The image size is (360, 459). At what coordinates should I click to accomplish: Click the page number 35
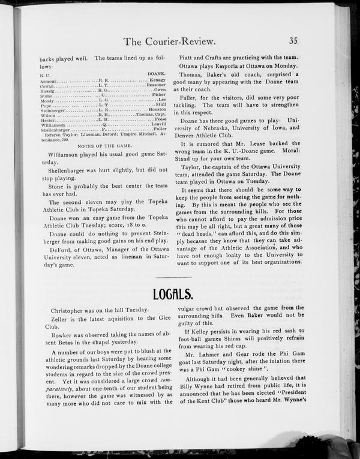coord(293,41)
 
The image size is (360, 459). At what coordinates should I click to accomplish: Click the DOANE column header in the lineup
coord(156,74)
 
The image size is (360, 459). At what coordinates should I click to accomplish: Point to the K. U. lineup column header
coord(44,74)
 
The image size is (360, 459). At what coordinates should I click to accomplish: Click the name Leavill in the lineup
coord(156,124)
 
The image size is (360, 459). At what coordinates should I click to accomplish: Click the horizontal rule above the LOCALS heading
coord(173,277)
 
